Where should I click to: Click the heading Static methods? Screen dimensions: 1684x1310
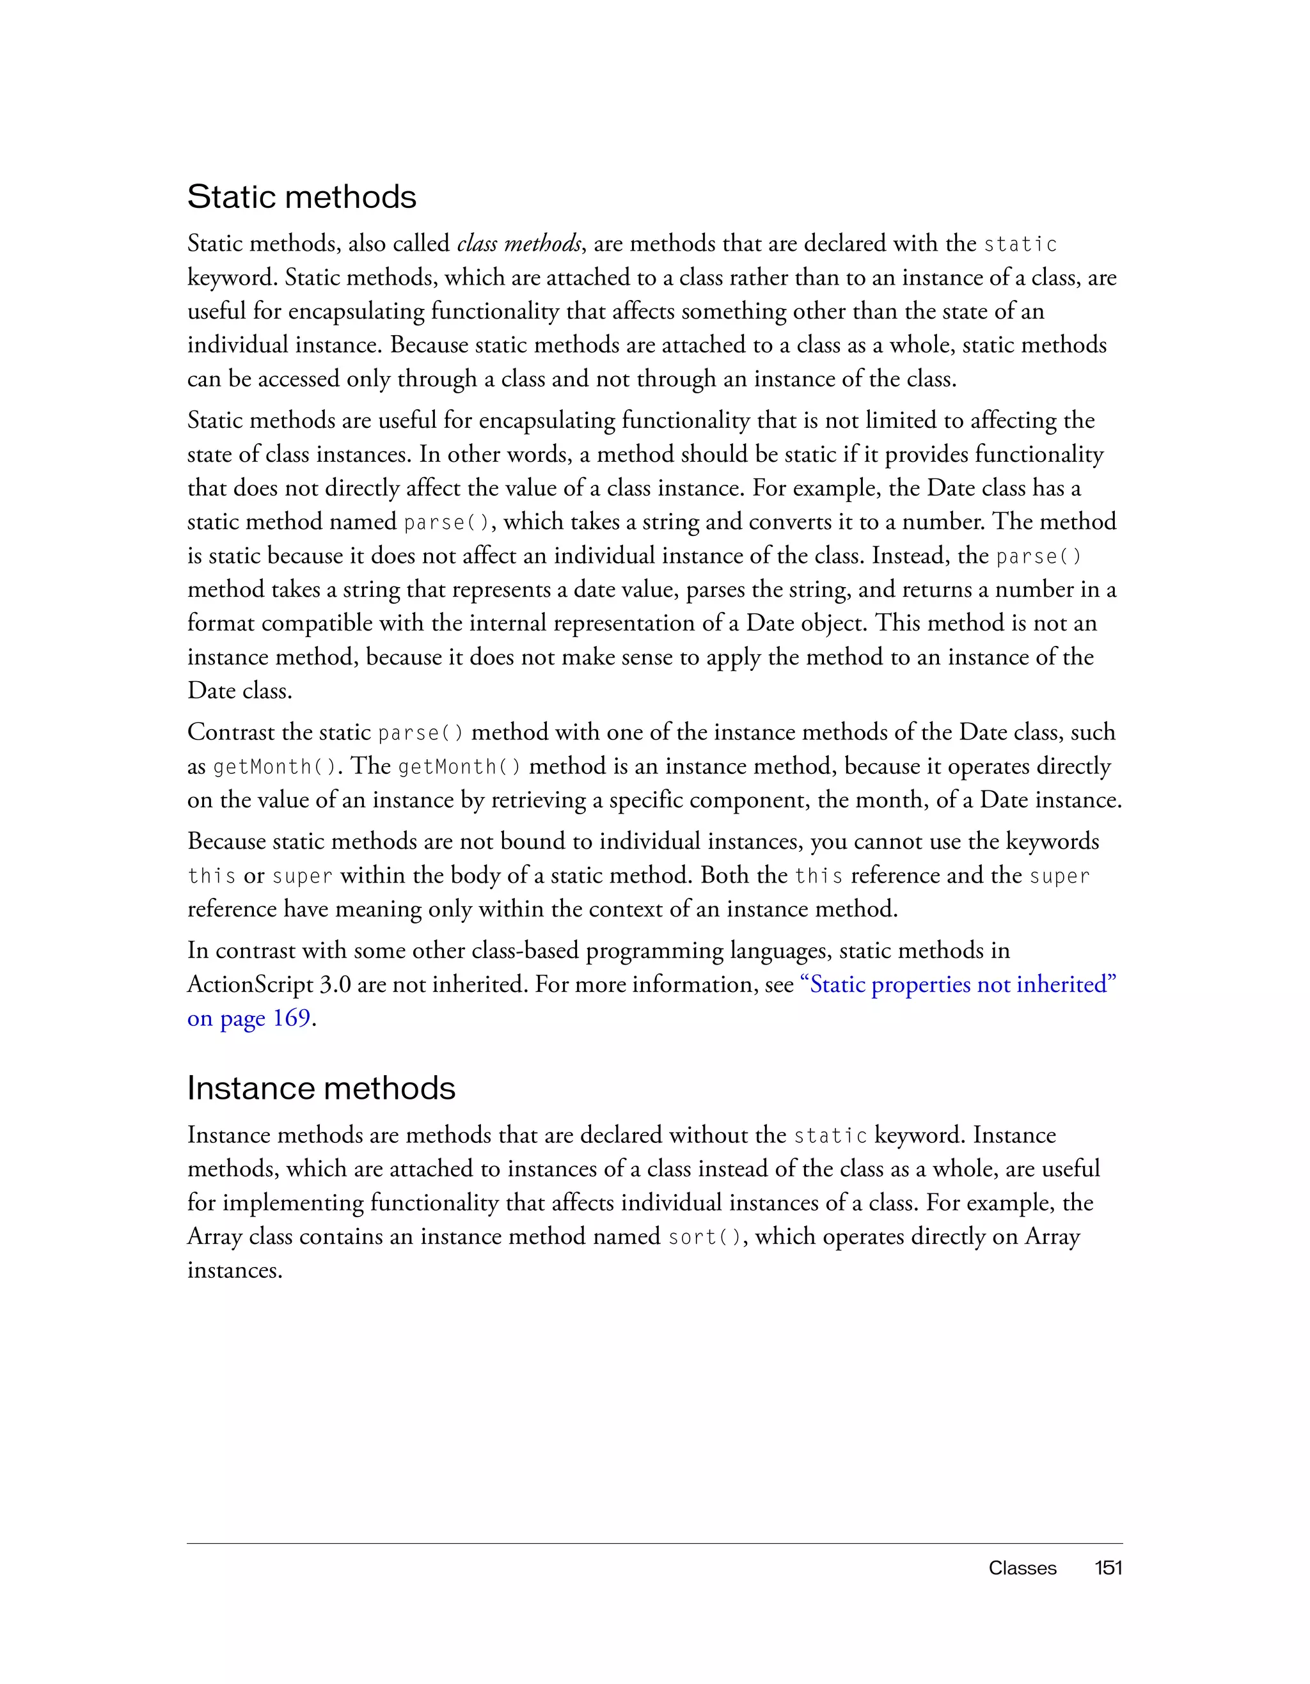pos(301,198)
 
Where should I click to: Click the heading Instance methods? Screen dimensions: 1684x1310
pos(320,1089)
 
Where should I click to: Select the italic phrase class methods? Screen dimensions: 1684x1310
pos(518,244)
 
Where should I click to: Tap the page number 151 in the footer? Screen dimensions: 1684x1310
pos(1108,1568)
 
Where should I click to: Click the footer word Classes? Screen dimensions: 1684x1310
pos(1022,1568)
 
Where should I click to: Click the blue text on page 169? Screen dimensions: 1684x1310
pos(248,1019)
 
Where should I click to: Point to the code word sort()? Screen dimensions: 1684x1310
pos(706,1237)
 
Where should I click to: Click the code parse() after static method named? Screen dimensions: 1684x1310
pos(446,523)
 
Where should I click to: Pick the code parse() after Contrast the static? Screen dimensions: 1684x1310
pos(421,732)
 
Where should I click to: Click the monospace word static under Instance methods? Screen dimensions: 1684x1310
pos(830,1136)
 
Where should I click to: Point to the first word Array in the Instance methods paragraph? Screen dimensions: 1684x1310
pos(215,1237)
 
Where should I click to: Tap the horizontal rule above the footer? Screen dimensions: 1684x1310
pos(654,1543)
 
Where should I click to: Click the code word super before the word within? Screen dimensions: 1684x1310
pos(303,877)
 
